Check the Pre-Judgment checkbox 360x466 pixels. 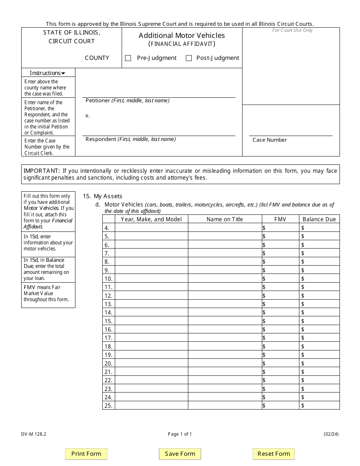[128, 58]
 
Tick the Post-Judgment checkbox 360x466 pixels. [189, 58]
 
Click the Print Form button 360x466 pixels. [86, 454]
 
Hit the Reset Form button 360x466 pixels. [274, 454]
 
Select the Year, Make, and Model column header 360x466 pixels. [151, 219]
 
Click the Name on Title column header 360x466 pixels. [225, 219]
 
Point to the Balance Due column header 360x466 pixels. [319, 219]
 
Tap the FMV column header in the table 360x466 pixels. [280, 219]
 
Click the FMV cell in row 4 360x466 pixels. [281, 228]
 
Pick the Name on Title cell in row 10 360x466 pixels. [225, 278]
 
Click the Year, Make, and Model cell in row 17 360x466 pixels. [151, 338]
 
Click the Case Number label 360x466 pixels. [269, 140]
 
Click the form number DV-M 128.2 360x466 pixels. [34, 434]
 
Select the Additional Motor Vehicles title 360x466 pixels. [182, 36]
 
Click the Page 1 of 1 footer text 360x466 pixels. [180, 434]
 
